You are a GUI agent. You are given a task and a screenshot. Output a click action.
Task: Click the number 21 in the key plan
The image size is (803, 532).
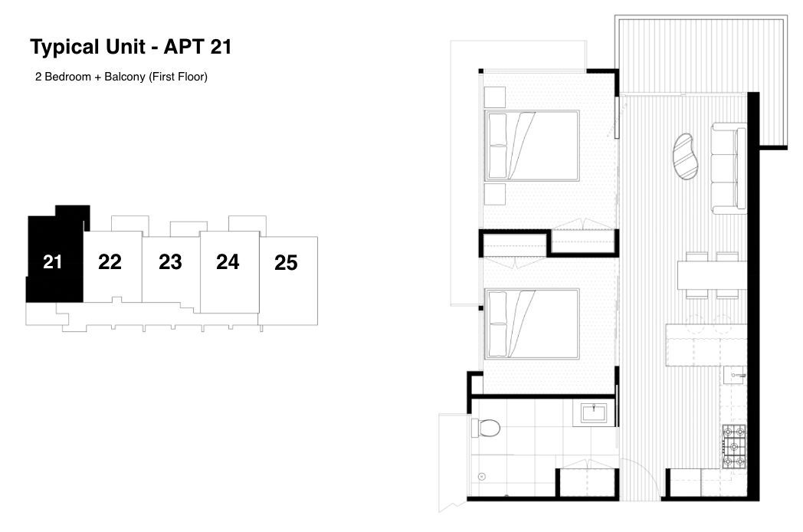click(x=52, y=262)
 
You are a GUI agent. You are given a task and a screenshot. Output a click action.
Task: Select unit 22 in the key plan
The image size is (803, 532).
click(x=110, y=262)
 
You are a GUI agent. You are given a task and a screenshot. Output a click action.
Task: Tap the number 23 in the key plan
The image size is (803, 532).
click(x=170, y=262)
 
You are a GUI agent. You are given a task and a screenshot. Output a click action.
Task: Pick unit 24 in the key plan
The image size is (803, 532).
click(x=228, y=262)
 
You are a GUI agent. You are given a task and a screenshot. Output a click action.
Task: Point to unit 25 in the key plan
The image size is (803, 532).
click(x=286, y=262)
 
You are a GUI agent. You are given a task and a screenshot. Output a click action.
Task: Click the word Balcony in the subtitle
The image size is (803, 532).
click(x=124, y=77)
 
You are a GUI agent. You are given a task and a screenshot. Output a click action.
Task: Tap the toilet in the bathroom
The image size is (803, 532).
click(x=486, y=428)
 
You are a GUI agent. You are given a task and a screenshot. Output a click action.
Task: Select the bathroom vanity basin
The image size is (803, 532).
click(x=594, y=413)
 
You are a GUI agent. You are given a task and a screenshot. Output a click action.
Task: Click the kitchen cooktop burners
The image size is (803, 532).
click(x=734, y=446)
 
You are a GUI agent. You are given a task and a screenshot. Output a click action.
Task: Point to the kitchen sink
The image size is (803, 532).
click(x=735, y=375)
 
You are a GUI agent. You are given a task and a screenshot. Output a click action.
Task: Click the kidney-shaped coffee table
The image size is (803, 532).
click(x=685, y=156)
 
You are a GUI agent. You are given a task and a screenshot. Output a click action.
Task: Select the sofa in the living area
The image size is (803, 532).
click(x=729, y=168)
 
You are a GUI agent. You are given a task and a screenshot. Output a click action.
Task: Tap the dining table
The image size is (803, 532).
click(x=713, y=275)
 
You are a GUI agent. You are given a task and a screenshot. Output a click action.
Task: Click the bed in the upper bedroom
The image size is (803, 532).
click(x=532, y=146)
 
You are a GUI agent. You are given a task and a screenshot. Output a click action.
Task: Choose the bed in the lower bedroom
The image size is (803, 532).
click(x=532, y=324)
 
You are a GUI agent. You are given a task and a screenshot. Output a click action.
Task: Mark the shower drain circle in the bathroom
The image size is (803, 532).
click(x=481, y=477)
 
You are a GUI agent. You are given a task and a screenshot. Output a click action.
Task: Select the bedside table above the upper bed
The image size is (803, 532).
click(x=495, y=97)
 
